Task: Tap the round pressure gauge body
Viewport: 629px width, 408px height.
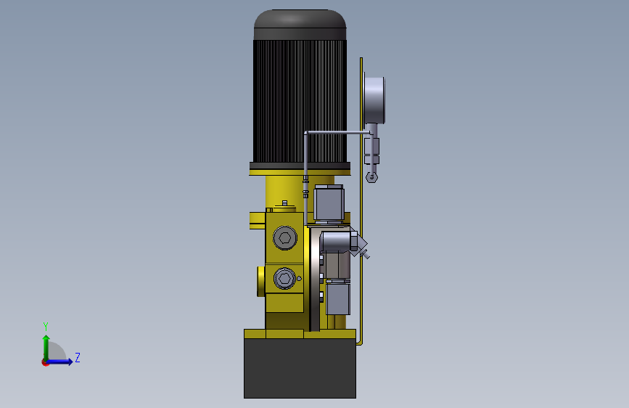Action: click(374, 100)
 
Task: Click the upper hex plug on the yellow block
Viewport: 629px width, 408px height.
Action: click(285, 237)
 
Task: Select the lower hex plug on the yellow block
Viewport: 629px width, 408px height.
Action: click(285, 278)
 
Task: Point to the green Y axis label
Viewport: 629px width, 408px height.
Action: click(46, 327)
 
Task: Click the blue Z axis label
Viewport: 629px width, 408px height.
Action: click(78, 357)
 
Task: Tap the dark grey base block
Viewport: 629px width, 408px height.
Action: click(300, 368)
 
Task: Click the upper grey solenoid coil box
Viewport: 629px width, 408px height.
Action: click(329, 203)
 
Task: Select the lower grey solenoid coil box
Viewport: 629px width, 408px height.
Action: click(338, 298)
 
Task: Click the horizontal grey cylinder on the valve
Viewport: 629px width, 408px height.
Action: click(336, 242)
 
